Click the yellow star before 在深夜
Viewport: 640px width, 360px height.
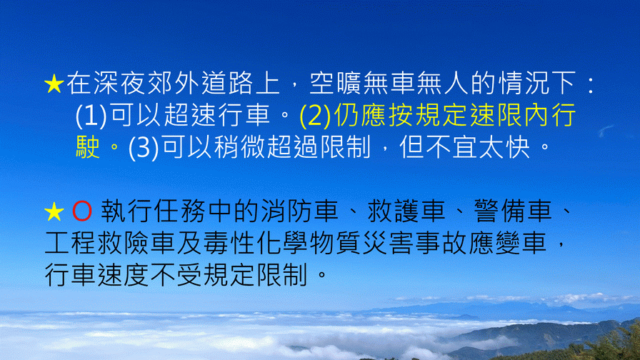pos(54,84)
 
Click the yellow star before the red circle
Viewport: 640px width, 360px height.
pos(54,212)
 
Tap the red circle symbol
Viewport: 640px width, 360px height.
pos(82,212)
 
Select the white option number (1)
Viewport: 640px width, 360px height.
pos(91,116)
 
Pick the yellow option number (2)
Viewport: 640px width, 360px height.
pos(315,116)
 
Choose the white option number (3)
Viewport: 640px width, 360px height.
pos(144,148)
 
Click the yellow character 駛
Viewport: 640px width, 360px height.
pos(88,147)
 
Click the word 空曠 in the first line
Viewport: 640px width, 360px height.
pos(336,84)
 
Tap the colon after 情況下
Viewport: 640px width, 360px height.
pos(590,85)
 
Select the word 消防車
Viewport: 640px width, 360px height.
pos(299,211)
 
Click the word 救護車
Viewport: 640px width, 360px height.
pos(406,211)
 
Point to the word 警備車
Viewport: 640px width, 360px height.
pos(513,211)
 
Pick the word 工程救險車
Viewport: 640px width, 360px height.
pos(110,244)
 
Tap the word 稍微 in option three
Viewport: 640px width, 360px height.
pos(240,147)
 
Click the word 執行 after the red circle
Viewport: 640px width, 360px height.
pos(126,211)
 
